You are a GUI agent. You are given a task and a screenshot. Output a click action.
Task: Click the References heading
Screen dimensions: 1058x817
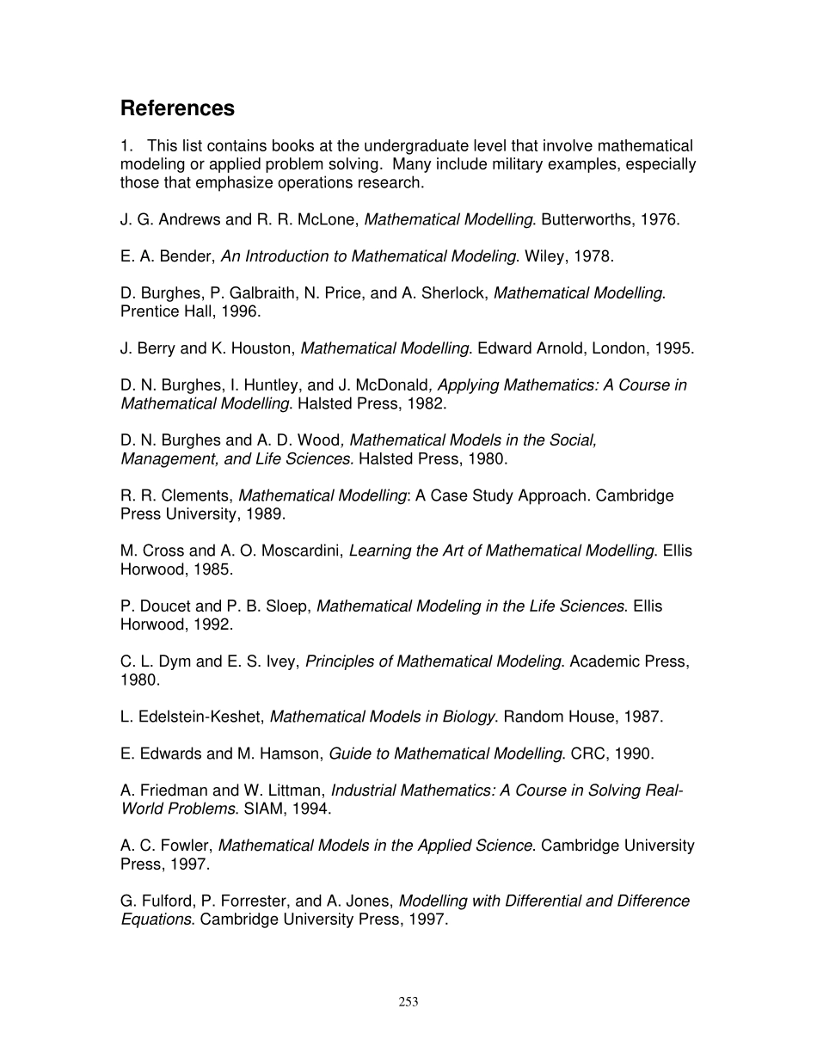tap(177, 108)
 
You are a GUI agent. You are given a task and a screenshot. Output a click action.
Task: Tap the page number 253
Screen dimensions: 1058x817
tap(408, 1001)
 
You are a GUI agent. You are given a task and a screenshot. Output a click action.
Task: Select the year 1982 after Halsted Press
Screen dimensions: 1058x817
tap(428, 403)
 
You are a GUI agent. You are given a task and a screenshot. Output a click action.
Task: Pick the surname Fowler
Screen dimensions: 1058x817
tap(187, 846)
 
